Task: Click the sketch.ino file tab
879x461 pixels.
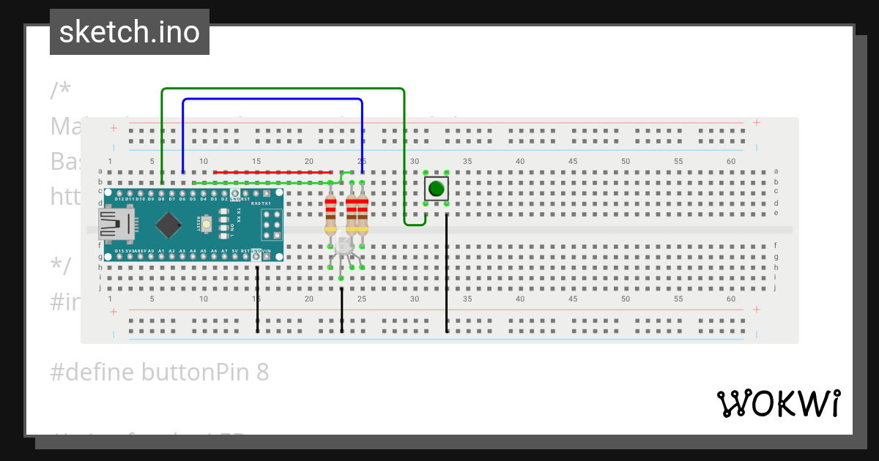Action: pyautogui.click(x=130, y=32)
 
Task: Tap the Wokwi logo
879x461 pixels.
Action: pyautogui.click(x=778, y=403)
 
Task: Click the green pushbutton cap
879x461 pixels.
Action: pyautogui.click(x=436, y=188)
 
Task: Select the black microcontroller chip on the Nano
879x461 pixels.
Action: pyautogui.click(x=170, y=224)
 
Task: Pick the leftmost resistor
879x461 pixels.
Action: pyautogui.click(x=331, y=213)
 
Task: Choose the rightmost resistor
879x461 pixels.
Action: pyautogui.click(x=362, y=213)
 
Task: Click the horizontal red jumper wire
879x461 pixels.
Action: pyautogui.click(x=271, y=172)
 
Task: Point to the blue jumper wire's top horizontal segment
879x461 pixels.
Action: pyautogui.click(x=271, y=99)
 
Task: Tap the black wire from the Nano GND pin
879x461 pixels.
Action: pyautogui.click(x=257, y=300)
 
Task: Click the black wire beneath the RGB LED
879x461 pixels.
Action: pyautogui.click(x=341, y=311)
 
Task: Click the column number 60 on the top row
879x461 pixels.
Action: pyautogui.click(x=731, y=161)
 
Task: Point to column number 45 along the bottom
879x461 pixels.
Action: pyautogui.click(x=573, y=299)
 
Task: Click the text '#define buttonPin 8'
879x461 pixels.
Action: pyautogui.click(x=160, y=372)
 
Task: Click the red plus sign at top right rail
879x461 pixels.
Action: pyautogui.click(x=756, y=123)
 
